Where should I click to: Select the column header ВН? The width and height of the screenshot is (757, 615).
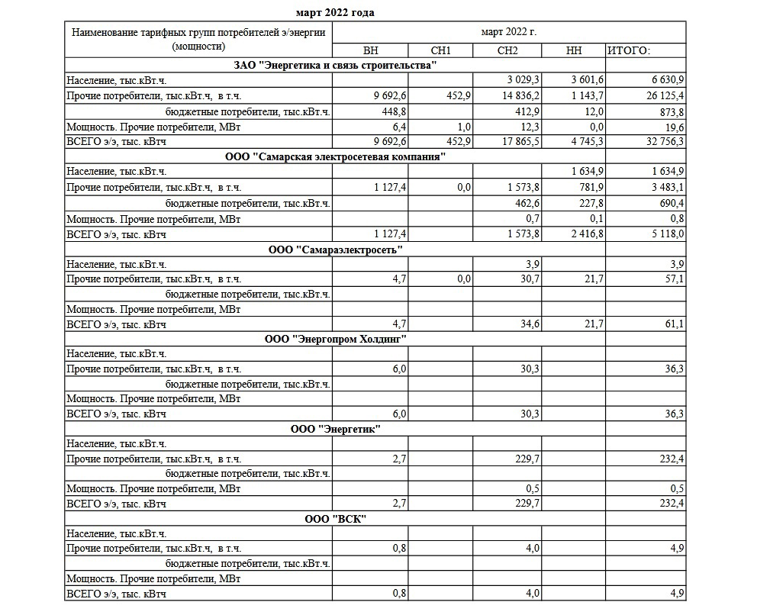[x=370, y=50]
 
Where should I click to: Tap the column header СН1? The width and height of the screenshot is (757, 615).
[x=441, y=50]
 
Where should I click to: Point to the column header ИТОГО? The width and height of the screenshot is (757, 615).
[x=629, y=50]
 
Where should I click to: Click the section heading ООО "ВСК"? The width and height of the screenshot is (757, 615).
[x=335, y=520]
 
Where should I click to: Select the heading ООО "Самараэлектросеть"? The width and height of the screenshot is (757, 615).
[x=335, y=250]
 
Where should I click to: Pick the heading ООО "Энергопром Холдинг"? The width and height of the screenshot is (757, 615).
[x=335, y=339]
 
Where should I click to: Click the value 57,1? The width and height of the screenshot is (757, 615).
[x=672, y=279]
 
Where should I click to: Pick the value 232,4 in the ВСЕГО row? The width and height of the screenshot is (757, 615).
[x=668, y=504]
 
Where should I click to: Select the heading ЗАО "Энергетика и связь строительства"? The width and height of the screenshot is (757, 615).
[x=335, y=65]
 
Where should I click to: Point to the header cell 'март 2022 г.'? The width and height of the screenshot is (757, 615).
[x=508, y=33]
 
